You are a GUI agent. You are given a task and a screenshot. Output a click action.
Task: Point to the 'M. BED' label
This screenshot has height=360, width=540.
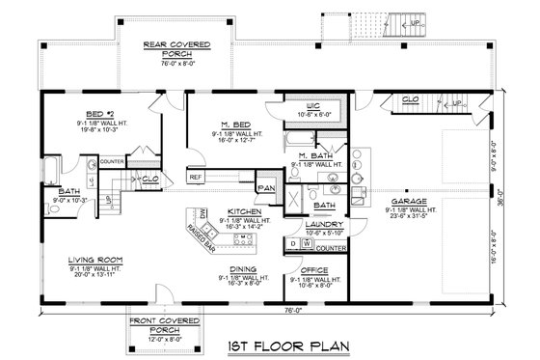[231, 125]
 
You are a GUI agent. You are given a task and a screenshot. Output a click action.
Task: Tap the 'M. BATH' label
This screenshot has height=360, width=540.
[315, 155]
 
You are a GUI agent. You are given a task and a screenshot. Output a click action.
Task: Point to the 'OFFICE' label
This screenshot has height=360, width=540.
[314, 270]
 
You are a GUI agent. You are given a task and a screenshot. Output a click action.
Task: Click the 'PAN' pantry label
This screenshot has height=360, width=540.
[263, 189]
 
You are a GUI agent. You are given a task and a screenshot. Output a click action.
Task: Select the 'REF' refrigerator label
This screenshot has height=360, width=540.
[196, 178]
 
